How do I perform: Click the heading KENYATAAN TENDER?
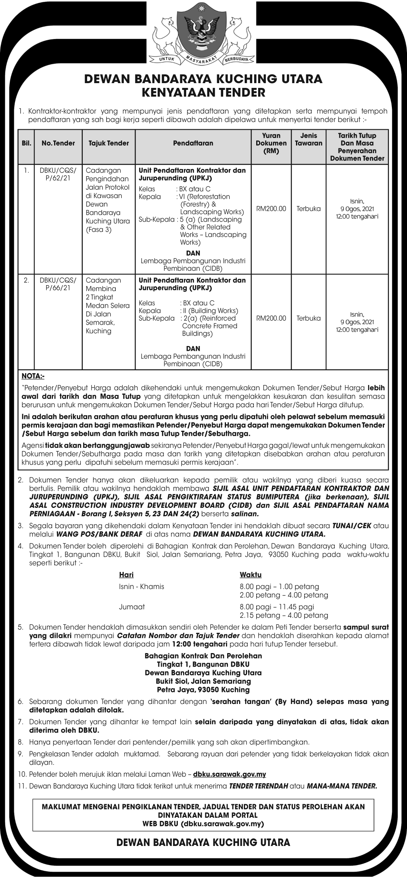(203, 93)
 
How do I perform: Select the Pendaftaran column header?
(193, 143)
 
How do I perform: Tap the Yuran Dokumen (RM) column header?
(271, 143)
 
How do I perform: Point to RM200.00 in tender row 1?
(271, 208)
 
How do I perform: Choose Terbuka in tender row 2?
(308, 318)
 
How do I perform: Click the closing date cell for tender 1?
(357, 209)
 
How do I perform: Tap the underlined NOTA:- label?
(33, 376)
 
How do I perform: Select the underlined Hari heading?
(126, 575)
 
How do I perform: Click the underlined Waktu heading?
(250, 575)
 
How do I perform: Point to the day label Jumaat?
(132, 607)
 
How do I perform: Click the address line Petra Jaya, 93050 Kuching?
(203, 690)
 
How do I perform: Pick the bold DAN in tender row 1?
(193, 253)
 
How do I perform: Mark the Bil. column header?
(26, 143)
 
